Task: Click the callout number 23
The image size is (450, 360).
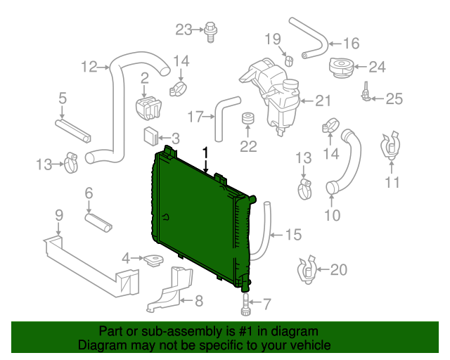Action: (x=184, y=30)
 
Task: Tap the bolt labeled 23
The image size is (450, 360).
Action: (x=211, y=32)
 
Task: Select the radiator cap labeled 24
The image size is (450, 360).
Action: (x=341, y=67)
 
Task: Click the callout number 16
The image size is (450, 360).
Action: (x=352, y=44)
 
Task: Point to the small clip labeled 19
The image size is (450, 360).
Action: (x=289, y=61)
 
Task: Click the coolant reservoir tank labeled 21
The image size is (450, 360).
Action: (x=270, y=95)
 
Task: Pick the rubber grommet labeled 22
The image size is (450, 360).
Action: (x=247, y=118)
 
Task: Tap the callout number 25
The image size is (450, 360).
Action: (x=394, y=98)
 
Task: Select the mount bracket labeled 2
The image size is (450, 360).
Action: (x=148, y=108)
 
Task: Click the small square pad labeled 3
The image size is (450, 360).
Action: (x=150, y=136)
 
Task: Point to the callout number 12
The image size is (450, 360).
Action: (x=89, y=67)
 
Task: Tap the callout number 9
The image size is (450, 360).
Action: (x=59, y=215)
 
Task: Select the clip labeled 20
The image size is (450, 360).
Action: (x=307, y=269)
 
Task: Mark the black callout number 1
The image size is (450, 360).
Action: (x=205, y=153)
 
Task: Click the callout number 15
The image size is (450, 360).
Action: (x=294, y=235)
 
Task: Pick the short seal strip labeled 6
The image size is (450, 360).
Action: (x=98, y=222)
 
